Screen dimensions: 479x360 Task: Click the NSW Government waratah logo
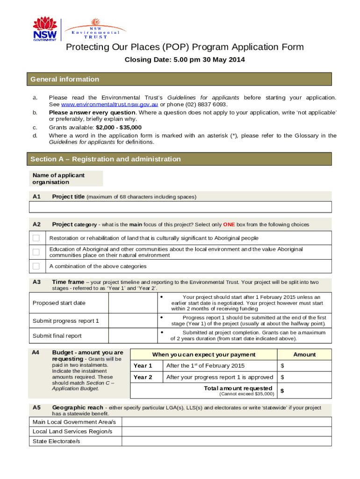[45, 28]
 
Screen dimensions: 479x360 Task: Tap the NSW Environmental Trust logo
[95, 29]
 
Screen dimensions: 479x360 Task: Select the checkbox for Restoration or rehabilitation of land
[36, 238]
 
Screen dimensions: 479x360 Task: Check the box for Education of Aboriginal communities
[36, 252]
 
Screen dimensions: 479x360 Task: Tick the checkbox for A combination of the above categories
[36, 266]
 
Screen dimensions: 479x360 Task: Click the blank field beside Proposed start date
[132, 303]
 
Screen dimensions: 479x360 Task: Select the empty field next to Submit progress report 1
[132, 321]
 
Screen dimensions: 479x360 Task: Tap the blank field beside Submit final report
[132, 335]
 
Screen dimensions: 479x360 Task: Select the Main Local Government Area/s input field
[227, 422]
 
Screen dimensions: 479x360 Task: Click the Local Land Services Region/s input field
[227, 431]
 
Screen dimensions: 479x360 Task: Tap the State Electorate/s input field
[227, 441]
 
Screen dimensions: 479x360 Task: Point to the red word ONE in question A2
[229, 225]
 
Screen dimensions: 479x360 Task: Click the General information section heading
[65, 80]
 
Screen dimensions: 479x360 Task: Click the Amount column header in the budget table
[304, 355]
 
